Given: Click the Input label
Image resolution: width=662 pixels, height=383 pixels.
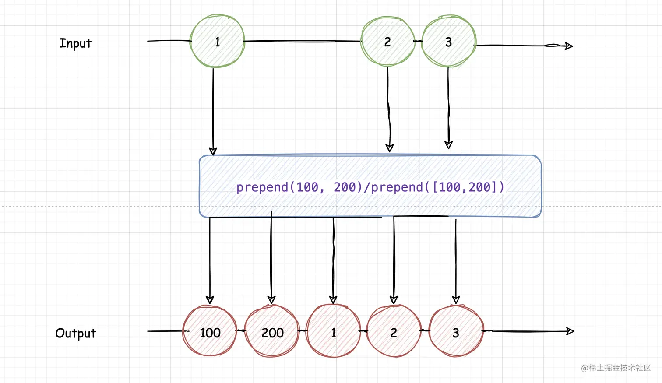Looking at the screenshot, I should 75,43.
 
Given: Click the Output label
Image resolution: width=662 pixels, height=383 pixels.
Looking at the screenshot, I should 75,334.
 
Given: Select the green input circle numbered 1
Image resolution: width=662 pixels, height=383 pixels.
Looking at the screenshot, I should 217,42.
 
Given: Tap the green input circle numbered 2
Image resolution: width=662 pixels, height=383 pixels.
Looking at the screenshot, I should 387,42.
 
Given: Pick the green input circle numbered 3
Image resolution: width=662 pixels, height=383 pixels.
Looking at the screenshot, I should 448,42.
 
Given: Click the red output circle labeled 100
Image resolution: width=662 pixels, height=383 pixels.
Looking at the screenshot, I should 210,333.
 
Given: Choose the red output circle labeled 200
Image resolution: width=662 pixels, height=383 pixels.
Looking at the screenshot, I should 272,333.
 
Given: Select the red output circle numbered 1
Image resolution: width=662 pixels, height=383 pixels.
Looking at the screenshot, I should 333,333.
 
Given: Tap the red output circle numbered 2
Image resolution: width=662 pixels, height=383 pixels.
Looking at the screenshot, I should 394,333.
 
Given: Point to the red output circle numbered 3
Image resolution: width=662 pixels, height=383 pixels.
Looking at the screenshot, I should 456,333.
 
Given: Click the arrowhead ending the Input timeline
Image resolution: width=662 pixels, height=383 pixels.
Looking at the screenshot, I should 569,46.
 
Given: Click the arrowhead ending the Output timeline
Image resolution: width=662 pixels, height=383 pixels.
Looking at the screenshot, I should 570,331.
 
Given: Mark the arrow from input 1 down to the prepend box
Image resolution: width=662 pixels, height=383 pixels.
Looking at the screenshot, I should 213,109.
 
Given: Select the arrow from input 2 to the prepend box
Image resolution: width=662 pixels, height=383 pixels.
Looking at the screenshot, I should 388,109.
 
